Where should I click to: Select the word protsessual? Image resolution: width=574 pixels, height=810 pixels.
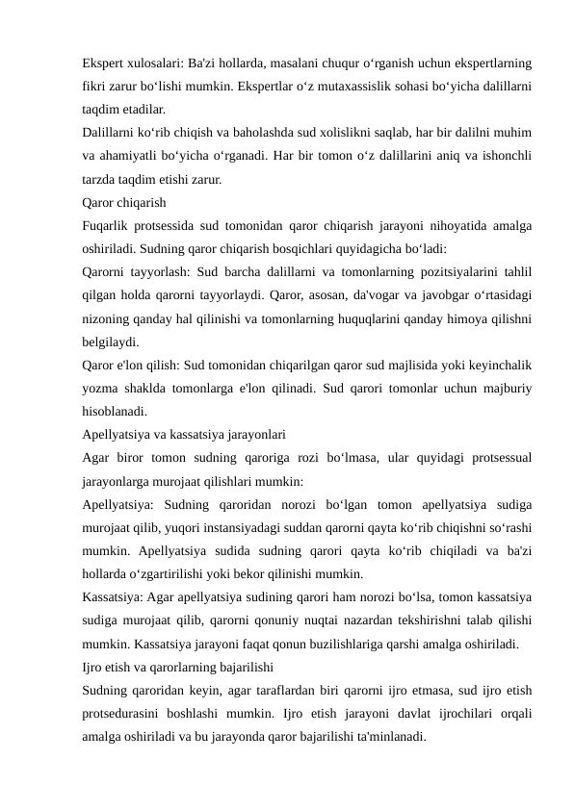(x=493, y=460)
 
